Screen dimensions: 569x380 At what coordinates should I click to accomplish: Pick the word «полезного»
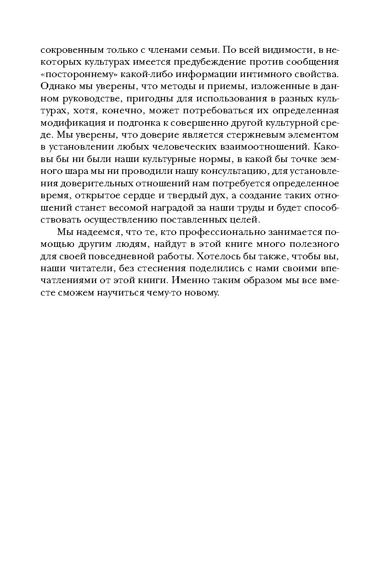312,244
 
